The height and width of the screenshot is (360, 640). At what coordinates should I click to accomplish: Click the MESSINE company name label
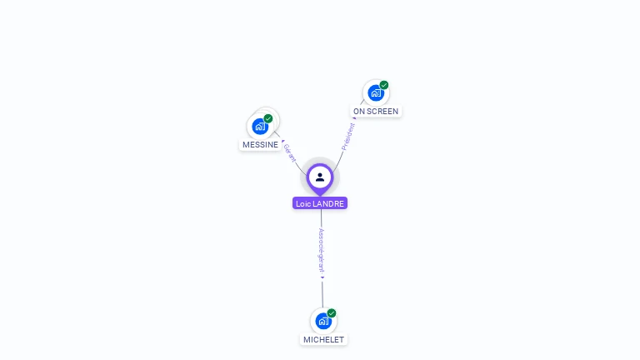point(260,145)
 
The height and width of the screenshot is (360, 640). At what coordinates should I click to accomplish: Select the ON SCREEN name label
point(376,111)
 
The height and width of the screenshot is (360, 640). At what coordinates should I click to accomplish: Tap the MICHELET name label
point(323,340)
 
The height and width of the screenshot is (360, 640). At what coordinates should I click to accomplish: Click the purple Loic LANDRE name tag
point(320,203)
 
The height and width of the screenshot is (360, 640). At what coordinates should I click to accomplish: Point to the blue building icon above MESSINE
point(260,127)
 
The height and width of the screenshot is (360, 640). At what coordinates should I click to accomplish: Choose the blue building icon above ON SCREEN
point(376,92)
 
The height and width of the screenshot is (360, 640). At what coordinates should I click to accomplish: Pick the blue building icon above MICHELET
point(323,321)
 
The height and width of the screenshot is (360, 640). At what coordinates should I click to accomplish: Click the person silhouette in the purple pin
point(320,177)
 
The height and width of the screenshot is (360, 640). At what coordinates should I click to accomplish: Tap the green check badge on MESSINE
point(268,118)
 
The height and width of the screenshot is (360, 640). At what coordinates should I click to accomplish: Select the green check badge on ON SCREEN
point(384,85)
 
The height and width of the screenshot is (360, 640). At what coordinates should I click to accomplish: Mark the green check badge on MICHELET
point(332,313)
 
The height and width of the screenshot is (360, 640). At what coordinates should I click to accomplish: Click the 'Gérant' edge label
point(290,152)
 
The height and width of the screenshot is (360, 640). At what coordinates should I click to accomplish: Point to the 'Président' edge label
point(348,136)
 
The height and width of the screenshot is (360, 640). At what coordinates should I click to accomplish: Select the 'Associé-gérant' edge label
point(322,250)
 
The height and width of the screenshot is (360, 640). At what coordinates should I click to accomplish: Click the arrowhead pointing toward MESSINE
point(282,141)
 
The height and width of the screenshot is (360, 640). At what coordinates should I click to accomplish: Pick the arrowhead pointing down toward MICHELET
point(322,277)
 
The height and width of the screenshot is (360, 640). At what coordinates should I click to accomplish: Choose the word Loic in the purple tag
point(303,203)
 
